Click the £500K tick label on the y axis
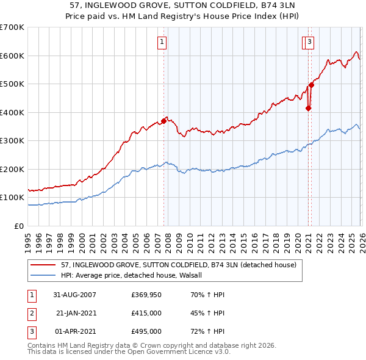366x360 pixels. point(12,84)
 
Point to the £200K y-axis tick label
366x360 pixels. point(12,169)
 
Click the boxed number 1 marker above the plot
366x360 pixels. point(162,42)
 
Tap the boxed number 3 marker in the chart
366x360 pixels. point(310,42)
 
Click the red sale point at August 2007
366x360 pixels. point(163,121)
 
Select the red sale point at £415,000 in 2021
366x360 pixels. point(308,109)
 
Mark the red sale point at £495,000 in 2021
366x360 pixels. point(310,85)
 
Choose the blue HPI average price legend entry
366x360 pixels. point(135,275)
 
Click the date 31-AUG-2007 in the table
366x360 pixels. point(74,295)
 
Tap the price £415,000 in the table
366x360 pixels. point(146,313)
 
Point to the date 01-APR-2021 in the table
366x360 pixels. point(74,331)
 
